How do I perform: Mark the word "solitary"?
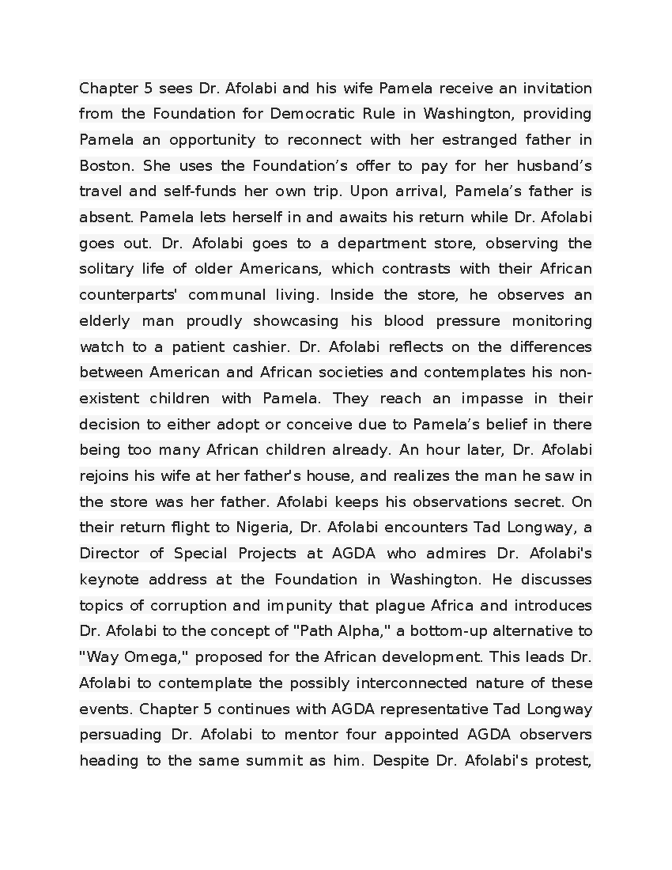(106, 269)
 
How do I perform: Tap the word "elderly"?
(105, 321)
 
